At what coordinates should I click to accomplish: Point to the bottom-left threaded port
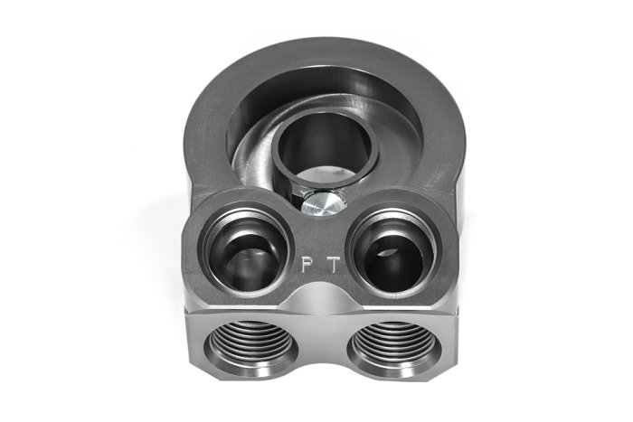coord(251,344)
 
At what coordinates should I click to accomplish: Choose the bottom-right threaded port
coord(394,345)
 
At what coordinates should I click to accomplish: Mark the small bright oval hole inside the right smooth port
coord(387,252)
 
